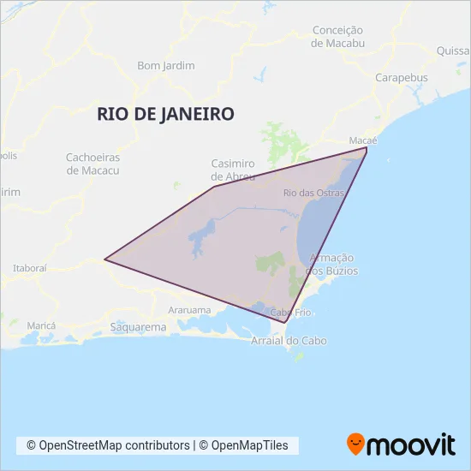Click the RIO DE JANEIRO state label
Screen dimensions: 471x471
pos(166,114)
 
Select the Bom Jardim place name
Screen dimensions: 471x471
pos(166,65)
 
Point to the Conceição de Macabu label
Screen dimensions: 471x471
pos(338,36)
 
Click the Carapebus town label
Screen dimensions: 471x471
pos(401,77)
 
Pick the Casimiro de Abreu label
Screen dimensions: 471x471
pos(234,170)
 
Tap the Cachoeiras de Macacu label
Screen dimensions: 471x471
pos(92,164)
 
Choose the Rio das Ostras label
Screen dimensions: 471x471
pos(313,193)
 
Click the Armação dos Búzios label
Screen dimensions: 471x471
pos(332,264)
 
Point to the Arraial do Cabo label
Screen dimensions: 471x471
pos(289,341)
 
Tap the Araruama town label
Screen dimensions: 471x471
pos(189,309)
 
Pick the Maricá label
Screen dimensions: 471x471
pos(41,326)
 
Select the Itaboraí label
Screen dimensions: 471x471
pos(30,268)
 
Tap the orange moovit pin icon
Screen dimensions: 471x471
pos(355,444)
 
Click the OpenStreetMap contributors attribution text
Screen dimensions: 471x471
pos(108,445)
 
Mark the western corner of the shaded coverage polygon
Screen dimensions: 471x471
pos(104,258)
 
